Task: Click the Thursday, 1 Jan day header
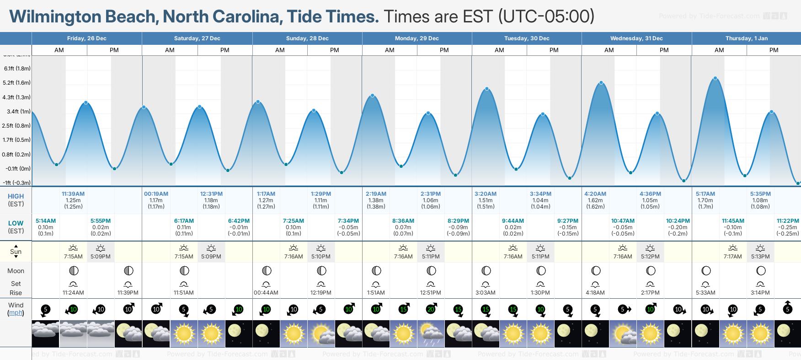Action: pos(746,38)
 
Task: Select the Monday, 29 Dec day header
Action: pos(417,38)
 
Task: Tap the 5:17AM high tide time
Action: pos(705,194)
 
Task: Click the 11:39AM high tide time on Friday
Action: pos(73,194)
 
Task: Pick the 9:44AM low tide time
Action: pos(513,221)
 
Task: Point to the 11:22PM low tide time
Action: pos(788,221)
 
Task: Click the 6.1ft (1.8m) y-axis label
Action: pos(17,69)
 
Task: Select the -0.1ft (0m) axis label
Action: pos(18,169)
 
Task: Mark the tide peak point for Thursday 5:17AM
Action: pos(716,78)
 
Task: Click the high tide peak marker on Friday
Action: pos(86,102)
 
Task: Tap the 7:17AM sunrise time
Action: pos(732,257)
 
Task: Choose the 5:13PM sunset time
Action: pos(760,257)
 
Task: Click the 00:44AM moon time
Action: pos(266,293)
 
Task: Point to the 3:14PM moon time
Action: pos(760,293)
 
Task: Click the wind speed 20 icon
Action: pos(431,309)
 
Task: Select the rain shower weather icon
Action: pos(431,333)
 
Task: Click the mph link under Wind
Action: pos(16,313)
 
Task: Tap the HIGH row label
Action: pos(16,196)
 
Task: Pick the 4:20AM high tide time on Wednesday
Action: pos(595,194)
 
